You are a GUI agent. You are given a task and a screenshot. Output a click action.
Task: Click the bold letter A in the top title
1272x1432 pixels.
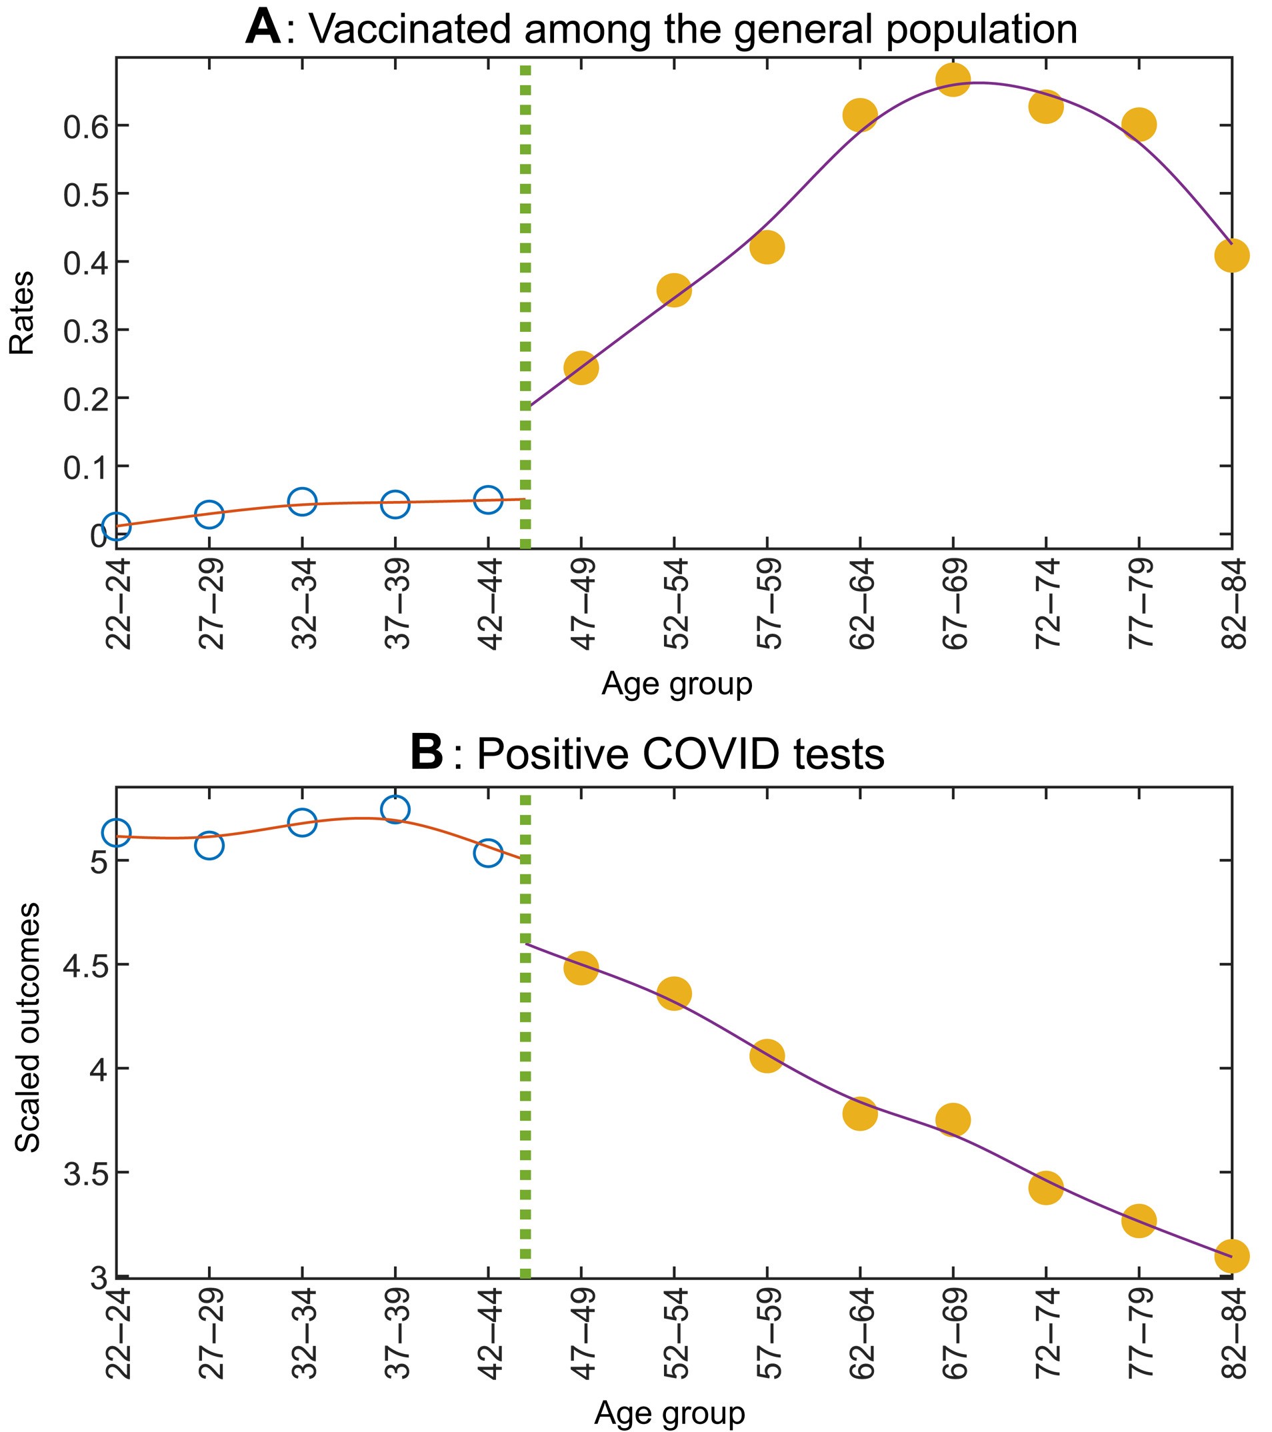point(263,29)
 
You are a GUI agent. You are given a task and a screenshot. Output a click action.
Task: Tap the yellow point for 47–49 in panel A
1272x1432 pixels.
point(581,368)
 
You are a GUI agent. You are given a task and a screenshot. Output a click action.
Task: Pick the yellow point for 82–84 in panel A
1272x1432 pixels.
point(1231,255)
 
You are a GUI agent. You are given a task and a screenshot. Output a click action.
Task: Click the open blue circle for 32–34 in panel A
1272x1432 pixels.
point(302,502)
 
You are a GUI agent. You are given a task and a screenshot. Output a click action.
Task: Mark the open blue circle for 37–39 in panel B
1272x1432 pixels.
point(395,809)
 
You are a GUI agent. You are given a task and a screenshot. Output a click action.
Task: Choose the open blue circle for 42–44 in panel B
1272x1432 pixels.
point(488,854)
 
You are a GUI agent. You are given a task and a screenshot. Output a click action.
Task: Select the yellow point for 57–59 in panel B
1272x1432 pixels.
point(767,1056)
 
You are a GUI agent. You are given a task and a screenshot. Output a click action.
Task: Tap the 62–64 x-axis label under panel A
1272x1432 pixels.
point(861,604)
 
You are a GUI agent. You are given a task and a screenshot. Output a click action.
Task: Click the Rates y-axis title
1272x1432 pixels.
point(23,313)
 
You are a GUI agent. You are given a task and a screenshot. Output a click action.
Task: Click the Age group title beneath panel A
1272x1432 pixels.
point(676,684)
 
